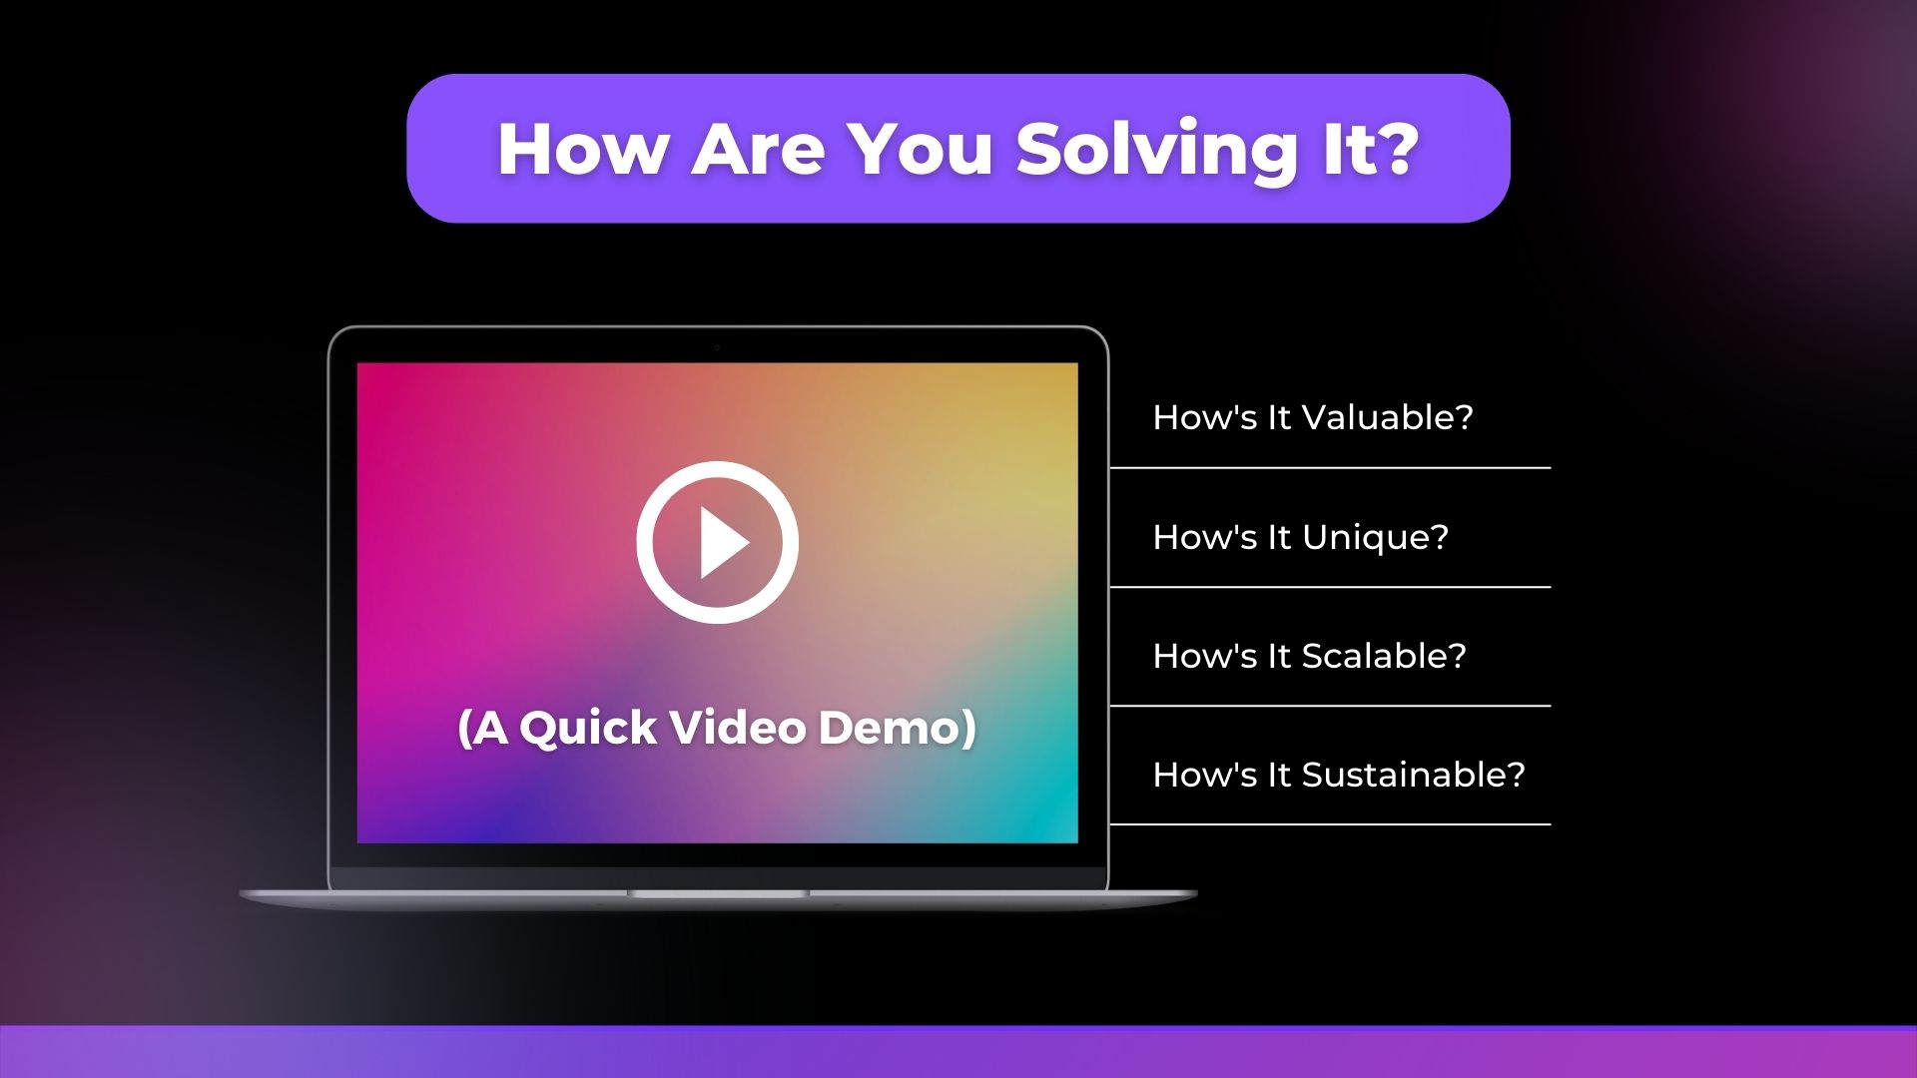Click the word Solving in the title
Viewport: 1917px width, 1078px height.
pos(1156,150)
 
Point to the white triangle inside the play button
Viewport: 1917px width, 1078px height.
pos(724,542)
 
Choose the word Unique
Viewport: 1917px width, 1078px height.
pos(1376,538)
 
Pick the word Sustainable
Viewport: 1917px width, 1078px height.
pos(1414,775)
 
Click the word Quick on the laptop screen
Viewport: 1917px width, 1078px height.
pos(588,728)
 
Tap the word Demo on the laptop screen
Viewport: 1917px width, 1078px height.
pos(890,727)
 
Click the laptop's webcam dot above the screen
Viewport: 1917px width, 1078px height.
pos(717,347)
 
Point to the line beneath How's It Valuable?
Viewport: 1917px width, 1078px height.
pos(1330,467)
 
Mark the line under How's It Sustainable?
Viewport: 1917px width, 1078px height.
pos(1330,824)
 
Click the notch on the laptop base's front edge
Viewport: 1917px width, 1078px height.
pos(718,893)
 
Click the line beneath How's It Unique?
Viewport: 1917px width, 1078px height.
pos(1330,587)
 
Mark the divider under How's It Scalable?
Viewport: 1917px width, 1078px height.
pos(1330,706)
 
